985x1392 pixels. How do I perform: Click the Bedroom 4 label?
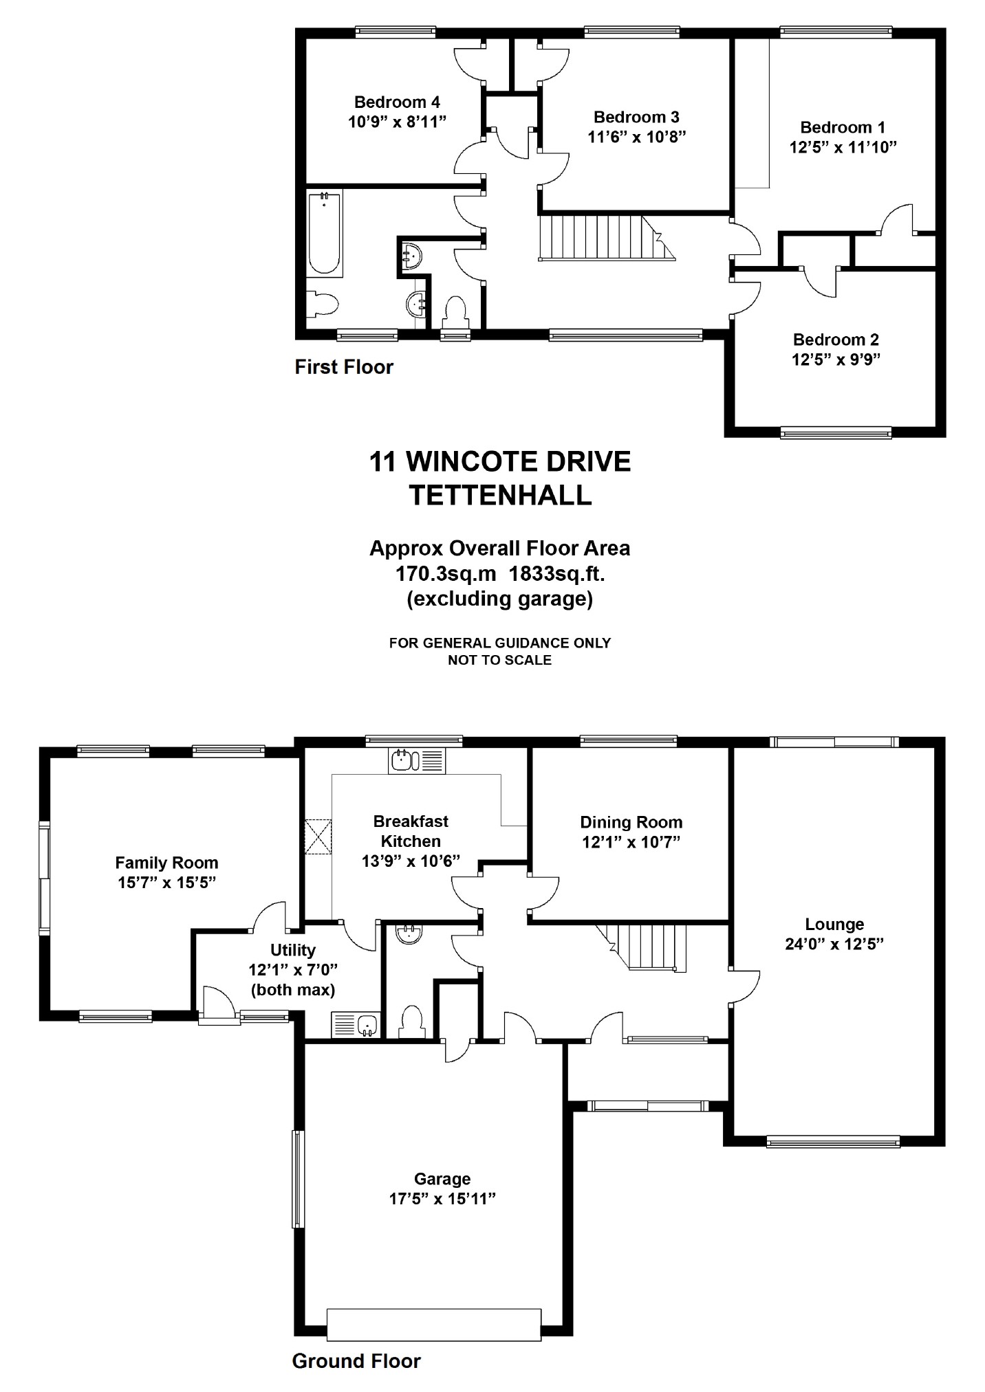(397, 102)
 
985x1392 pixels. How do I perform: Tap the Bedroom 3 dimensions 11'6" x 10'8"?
(637, 137)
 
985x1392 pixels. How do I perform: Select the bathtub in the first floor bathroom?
(325, 235)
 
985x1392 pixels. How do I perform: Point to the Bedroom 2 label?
(836, 340)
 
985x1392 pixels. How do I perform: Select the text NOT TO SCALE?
(500, 660)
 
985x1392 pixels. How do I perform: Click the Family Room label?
(166, 863)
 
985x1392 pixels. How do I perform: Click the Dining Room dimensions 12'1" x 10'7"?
(631, 842)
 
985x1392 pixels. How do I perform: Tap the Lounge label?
(834, 925)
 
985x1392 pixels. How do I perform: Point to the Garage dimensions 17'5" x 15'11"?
(442, 1199)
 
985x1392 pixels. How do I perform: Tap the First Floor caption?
(344, 367)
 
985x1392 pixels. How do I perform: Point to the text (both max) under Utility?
(293, 990)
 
